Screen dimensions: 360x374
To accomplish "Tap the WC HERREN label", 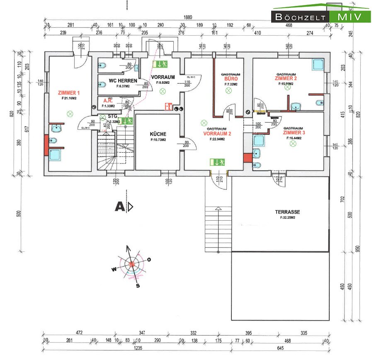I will [117, 80].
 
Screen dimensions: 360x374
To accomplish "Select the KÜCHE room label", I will [158, 134].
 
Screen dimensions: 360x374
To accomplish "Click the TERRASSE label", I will [287, 212].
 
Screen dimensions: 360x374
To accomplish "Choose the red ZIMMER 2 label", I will [286, 78].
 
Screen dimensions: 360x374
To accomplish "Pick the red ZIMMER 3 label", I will [294, 133].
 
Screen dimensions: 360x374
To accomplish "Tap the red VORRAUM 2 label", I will [217, 134].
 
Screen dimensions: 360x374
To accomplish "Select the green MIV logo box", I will [350, 17].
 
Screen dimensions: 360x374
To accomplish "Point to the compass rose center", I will [132, 264].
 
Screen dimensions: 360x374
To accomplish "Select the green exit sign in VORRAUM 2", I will [217, 162].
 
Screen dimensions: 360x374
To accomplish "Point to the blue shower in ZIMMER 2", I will [318, 65].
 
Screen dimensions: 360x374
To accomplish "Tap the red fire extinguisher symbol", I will [168, 107].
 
